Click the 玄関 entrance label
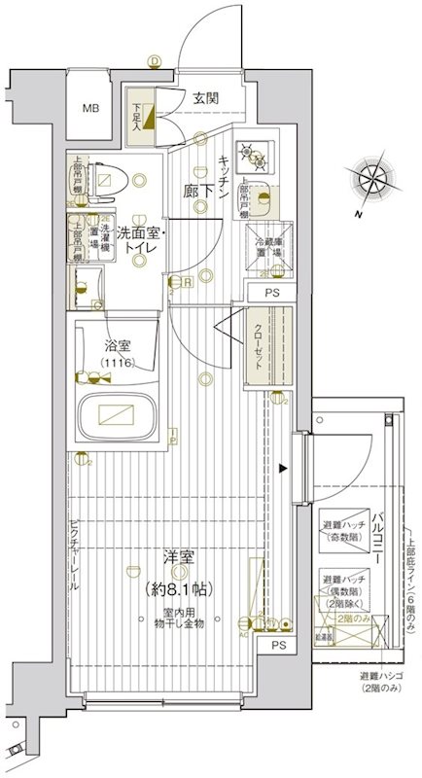pos(204,97)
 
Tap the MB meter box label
pos(90,108)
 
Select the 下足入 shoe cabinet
pos(138,117)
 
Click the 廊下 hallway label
pos(199,192)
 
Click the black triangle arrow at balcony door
pos(283,469)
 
